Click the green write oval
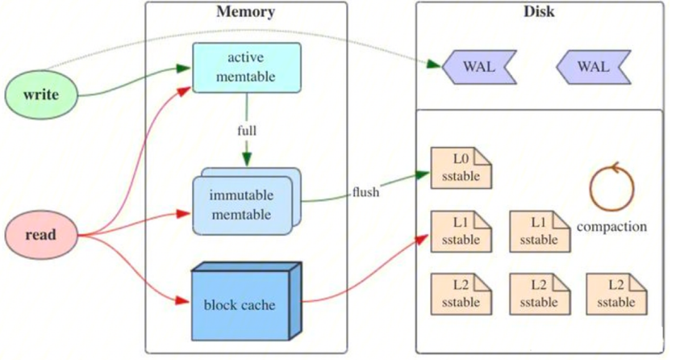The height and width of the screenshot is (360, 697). point(40,94)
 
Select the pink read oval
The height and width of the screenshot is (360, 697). point(40,235)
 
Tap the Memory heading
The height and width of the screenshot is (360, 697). point(245,12)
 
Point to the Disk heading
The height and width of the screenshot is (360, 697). point(538,12)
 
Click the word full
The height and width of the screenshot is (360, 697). point(247,129)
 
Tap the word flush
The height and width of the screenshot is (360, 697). point(365,192)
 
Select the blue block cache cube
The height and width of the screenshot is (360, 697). point(240,305)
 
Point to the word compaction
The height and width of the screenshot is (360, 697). point(611,227)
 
